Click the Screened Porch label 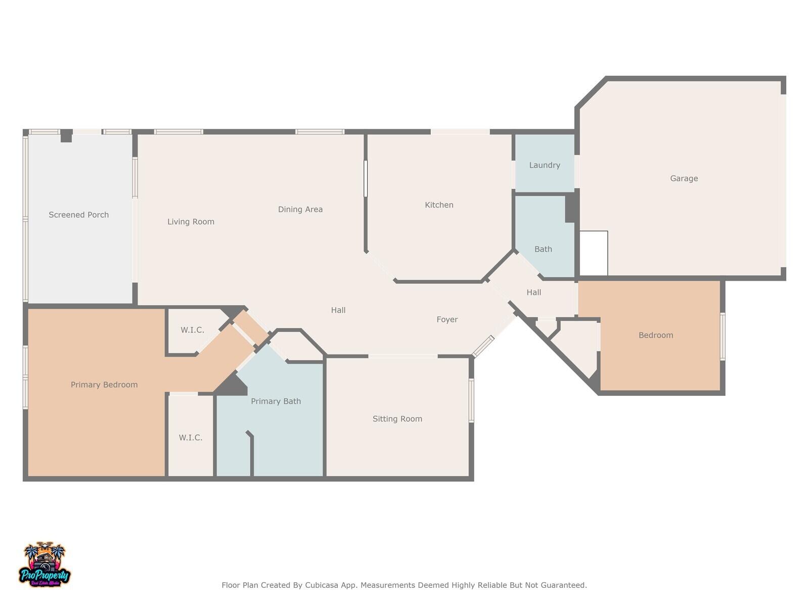[78, 215]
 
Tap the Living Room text [191, 222]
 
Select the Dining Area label [300, 209]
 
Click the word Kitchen [439, 205]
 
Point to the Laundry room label [544, 165]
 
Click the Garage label [684, 178]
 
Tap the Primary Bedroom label [104, 385]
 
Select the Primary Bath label [276, 401]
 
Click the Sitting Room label [397, 419]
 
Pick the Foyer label [447, 320]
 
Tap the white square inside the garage [593, 253]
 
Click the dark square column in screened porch [66, 136]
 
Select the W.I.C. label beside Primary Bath [191, 438]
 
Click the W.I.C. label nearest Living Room [192, 330]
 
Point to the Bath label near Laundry [543, 249]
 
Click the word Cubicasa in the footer [322, 585]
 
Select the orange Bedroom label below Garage [655, 335]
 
